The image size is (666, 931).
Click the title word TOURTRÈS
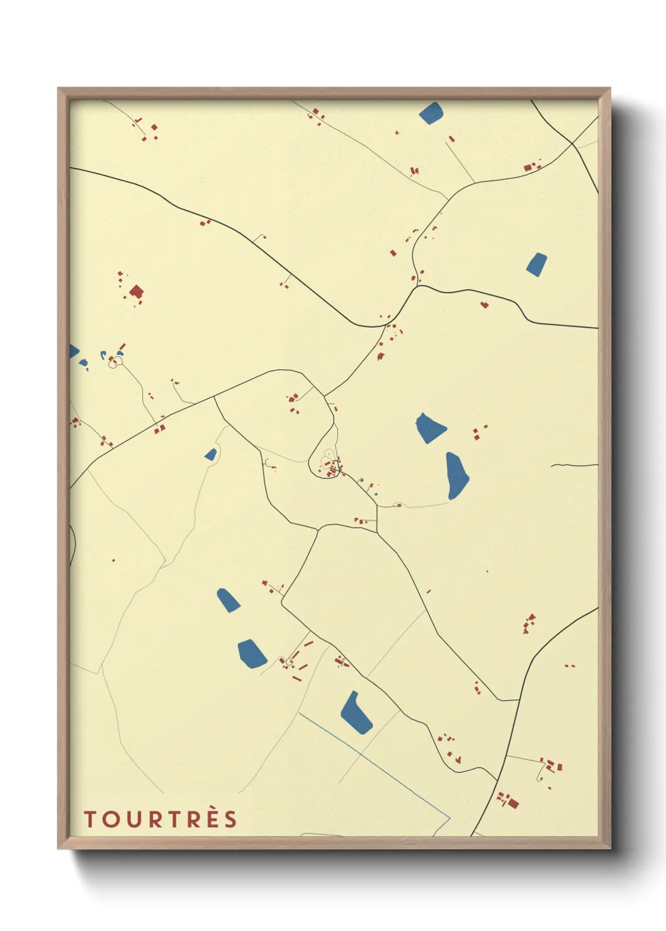tap(161, 819)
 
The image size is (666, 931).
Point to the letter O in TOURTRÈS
tap(108, 820)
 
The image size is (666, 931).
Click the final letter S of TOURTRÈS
tap(231, 820)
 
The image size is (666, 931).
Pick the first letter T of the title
tap(89, 820)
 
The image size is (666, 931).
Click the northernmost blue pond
tap(431, 113)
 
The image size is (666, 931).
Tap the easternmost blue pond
tap(536, 264)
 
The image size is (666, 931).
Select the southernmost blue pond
tap(356, 713)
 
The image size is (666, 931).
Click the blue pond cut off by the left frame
tap(73, 351)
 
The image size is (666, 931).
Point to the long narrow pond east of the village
tap(456, 476)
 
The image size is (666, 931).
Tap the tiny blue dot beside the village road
tap(376, 494)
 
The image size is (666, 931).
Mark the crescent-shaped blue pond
tap(103, 355)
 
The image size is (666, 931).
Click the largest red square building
tap(136, 292)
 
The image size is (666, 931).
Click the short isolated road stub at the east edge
tap(574, 465)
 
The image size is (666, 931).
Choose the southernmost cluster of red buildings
tap(507, 801)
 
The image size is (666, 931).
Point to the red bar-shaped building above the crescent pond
tap(121, 347)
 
